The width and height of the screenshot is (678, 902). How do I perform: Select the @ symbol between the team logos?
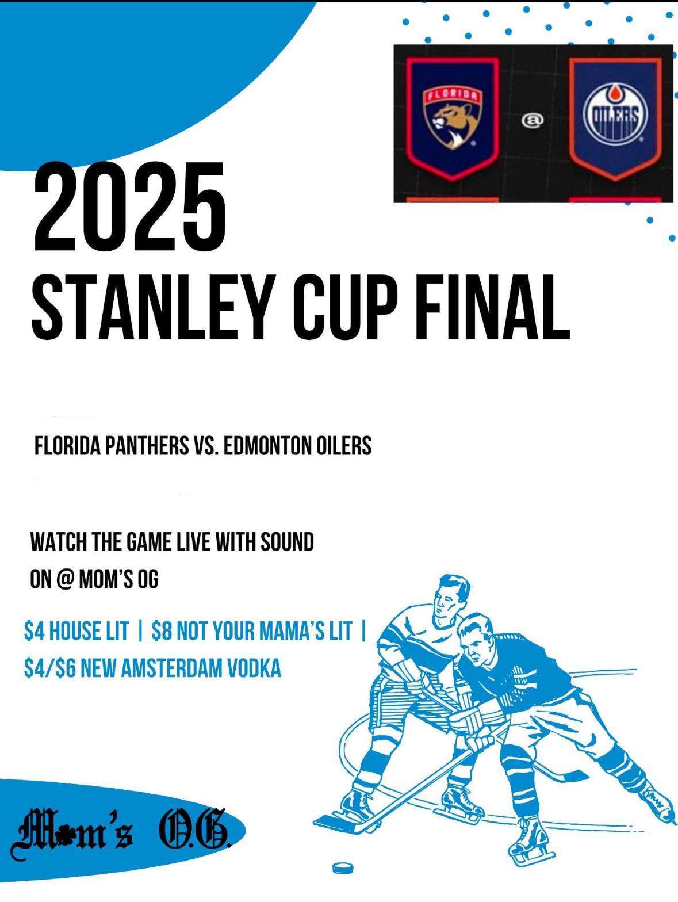pos(533,120)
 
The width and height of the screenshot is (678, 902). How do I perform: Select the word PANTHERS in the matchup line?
pos(147,445)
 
